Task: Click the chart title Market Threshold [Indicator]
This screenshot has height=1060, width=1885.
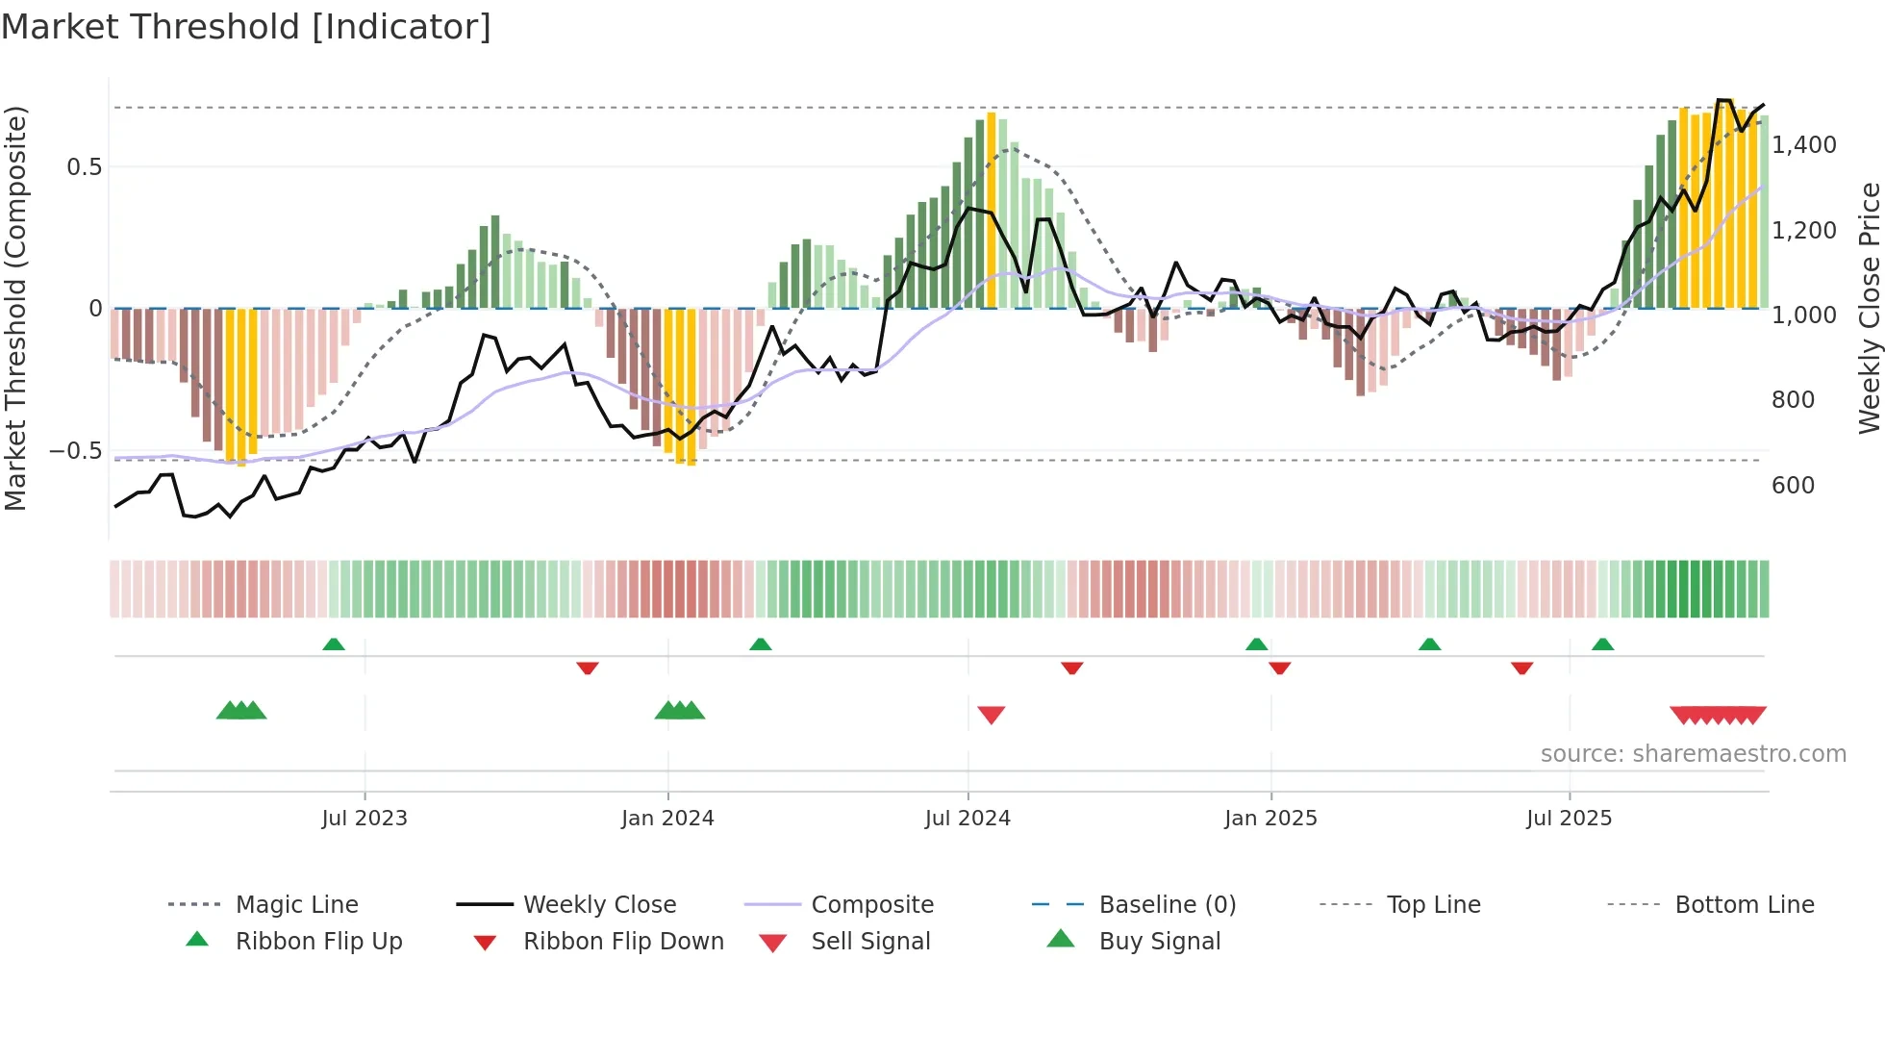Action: pyautogui.click(x=246, y=27)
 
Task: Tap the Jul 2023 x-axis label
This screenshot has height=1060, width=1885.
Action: pyautogui.click(x=364, y=819)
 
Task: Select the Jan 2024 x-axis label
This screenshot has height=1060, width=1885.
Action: pyautogui.click(x=667, y=819)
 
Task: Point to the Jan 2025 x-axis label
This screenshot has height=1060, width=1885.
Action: pyautogui.click(x=1270, y=819)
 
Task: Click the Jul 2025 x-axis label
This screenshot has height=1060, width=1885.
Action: pyautogui.click(x=1569, y=819)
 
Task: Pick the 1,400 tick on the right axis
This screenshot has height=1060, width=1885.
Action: pyautogui.click(x=1804, y=145)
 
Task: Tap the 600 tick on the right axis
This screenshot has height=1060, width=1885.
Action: pyautogui.click(x=1793, y=486)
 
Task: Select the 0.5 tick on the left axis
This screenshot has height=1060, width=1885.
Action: pyautogui.click(x=84, y=167)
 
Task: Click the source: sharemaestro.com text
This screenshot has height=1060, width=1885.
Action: pyautogui.click(x=1693, y=754)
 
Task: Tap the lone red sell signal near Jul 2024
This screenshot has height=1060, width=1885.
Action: pyautogui.click(x=991, y=715)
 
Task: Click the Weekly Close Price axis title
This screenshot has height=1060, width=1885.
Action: pyautogui.click(x=1869, y=308)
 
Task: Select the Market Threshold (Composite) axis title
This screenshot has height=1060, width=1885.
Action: pyautogui.click(x=15, y=308)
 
